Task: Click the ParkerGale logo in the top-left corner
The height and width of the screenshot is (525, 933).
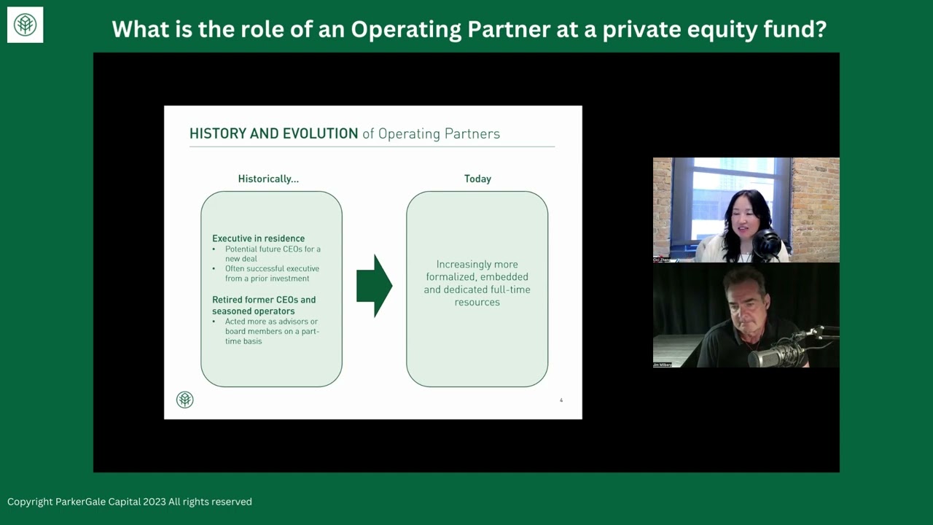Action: pyautogui.click(x=25, y=25)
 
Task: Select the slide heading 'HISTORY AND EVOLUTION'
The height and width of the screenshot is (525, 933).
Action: pyautogui.click(x=273, y=133)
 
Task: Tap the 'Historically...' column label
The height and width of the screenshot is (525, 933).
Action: pyautogui.click(x=268, y=179)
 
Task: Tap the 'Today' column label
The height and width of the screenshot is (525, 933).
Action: pyautogui.click(x=477, y=179)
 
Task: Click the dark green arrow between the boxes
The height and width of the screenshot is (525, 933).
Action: pyautogui.click(x=374, y=286)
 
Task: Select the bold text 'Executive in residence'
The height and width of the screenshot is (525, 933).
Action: pyautogui.click(x=258, y=238)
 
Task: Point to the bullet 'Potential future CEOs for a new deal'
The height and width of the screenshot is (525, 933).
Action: pyautogui.click(x=271, y=254)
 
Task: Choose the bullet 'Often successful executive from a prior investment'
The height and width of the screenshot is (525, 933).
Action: pyautogui.click(x=271, y=273)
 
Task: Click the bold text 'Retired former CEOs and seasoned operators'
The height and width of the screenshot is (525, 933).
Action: pyautogui.click(x=263, y=305)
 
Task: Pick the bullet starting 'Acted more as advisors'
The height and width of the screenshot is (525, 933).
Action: pyautogui.click(x=271, y=331)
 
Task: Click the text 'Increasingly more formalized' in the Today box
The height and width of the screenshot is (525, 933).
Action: pyautogui.click(x=477, y=271)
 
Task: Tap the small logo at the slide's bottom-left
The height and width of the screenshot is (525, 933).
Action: pyautogui.click(x=184, y=399)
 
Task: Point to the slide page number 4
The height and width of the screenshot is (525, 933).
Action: pyautogui.click(x=561, y=400)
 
